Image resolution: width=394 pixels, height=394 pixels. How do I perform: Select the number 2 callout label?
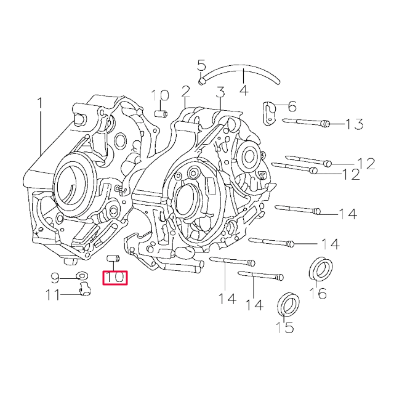(185, 92)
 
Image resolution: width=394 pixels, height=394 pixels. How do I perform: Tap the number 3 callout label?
(220, 92)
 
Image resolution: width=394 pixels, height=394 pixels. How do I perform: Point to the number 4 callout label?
(243, 90)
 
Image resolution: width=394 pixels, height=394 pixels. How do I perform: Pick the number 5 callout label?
(201, 65)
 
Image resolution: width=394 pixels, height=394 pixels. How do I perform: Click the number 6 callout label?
(291, 107)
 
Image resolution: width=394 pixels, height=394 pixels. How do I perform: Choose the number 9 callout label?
(54, 277)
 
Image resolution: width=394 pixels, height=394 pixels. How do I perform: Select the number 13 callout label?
(354, 124)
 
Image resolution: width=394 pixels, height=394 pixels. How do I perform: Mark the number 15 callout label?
(284, 328)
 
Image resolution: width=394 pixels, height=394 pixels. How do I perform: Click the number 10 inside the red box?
(115, 278)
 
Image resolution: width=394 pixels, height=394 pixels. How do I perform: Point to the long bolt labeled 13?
(305, 123)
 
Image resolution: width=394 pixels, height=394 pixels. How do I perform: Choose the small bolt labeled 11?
(84, 290)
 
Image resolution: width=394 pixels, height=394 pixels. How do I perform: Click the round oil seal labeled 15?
(288, 305)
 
